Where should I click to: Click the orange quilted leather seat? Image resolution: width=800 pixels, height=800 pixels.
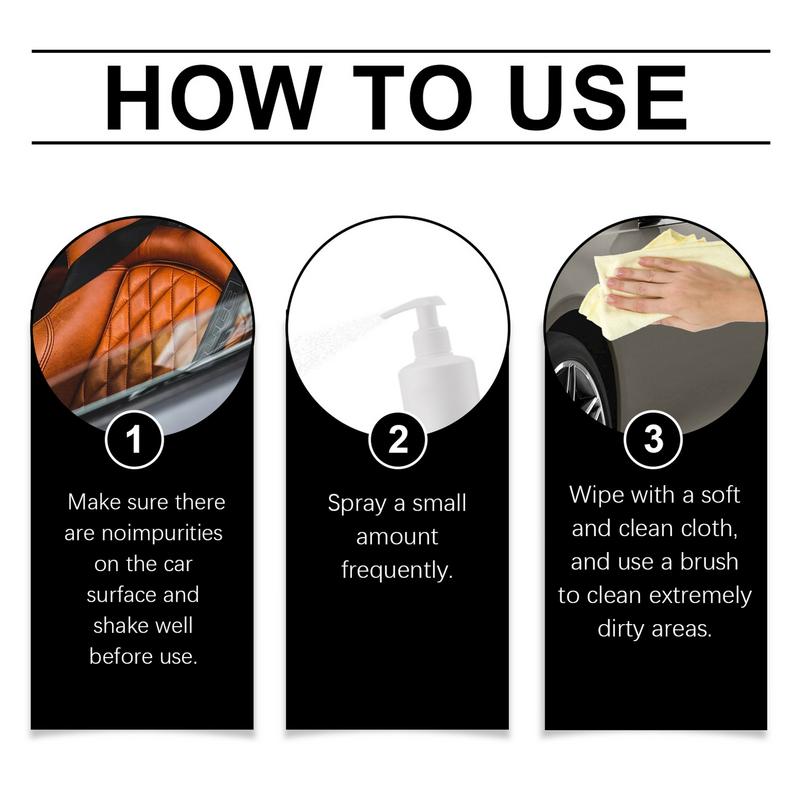(x=150, y=300)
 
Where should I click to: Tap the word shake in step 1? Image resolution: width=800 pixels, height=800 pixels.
(x=127, y=626)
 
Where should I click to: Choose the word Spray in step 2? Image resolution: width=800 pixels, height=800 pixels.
(x=356, y=503)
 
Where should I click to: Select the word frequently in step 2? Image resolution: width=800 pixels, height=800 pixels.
(x=396, y=571)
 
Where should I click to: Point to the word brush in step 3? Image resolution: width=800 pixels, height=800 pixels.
(x=714, y=562)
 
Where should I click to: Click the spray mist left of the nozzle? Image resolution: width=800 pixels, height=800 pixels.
(x=330, y=335)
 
